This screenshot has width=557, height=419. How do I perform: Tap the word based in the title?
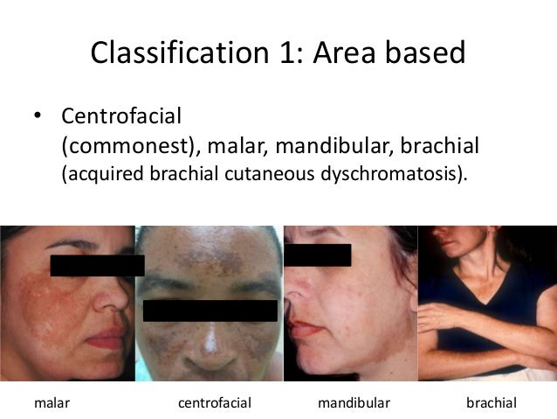[420, 55]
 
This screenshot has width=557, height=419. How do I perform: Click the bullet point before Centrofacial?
[38, 116]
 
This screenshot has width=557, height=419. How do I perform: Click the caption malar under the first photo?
[52, 403]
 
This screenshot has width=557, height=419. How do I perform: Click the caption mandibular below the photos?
[353, 403]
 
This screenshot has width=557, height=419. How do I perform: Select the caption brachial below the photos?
[492, 403]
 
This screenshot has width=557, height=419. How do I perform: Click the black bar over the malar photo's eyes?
[96, 265]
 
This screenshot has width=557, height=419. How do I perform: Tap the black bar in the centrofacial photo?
[210, 310]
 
